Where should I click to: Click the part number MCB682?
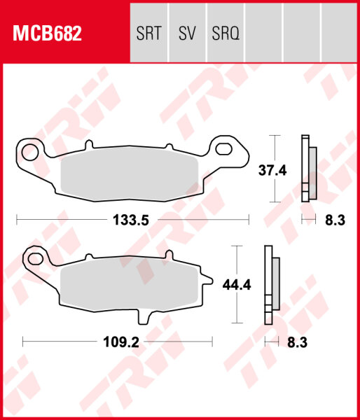pyautogui.click(x=45, y=33)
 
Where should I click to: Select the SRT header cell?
pyautogui.click(x=149, y=33)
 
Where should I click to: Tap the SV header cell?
pyautogui.click(x=187, y=33)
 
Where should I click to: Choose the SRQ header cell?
pyautogui.click(x=225, y=33)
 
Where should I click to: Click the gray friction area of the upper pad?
pyautogui.click(x=133, y=174)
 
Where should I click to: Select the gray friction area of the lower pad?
pyautogui.click(x=130, y=288)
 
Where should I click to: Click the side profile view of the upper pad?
pyautogui.click(x=308, y=168)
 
